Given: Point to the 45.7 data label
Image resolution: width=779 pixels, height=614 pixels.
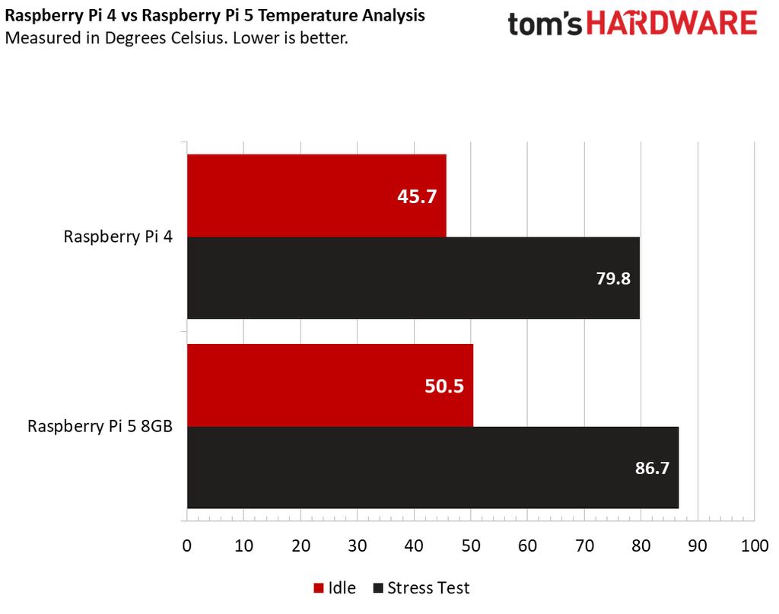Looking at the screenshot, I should tap(417, 196).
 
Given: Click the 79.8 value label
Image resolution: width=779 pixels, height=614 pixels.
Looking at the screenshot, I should tap(613, 278).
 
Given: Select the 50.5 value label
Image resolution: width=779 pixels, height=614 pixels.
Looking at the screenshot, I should tap(444, 386).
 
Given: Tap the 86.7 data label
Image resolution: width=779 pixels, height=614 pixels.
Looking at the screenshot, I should tap(652, 468).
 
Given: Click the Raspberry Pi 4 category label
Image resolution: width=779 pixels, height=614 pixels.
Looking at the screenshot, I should tap(118, 237).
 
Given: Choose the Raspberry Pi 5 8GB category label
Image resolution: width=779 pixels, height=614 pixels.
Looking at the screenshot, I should tap(100, 426).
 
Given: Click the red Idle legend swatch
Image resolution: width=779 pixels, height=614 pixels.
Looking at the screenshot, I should tap(318, 588).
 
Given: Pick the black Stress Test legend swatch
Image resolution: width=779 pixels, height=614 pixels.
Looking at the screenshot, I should tap(377, 588).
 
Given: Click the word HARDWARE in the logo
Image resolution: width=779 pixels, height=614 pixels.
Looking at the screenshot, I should tap(672, 24).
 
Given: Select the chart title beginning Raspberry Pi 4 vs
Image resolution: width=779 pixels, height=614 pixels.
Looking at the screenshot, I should tap(215, 15).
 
